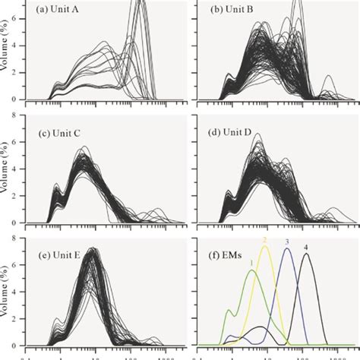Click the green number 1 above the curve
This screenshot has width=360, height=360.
point(249,263)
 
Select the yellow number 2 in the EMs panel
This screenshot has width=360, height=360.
point(265,240)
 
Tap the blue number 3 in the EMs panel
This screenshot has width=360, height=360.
point(287,242)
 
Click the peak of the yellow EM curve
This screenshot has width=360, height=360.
point(266,246)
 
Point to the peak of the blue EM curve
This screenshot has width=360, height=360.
point(287,248)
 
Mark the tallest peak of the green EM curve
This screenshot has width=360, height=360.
point(252,271)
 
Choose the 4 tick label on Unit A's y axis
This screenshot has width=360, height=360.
point(19,45)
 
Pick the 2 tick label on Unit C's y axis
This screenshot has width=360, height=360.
point(19,196)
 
